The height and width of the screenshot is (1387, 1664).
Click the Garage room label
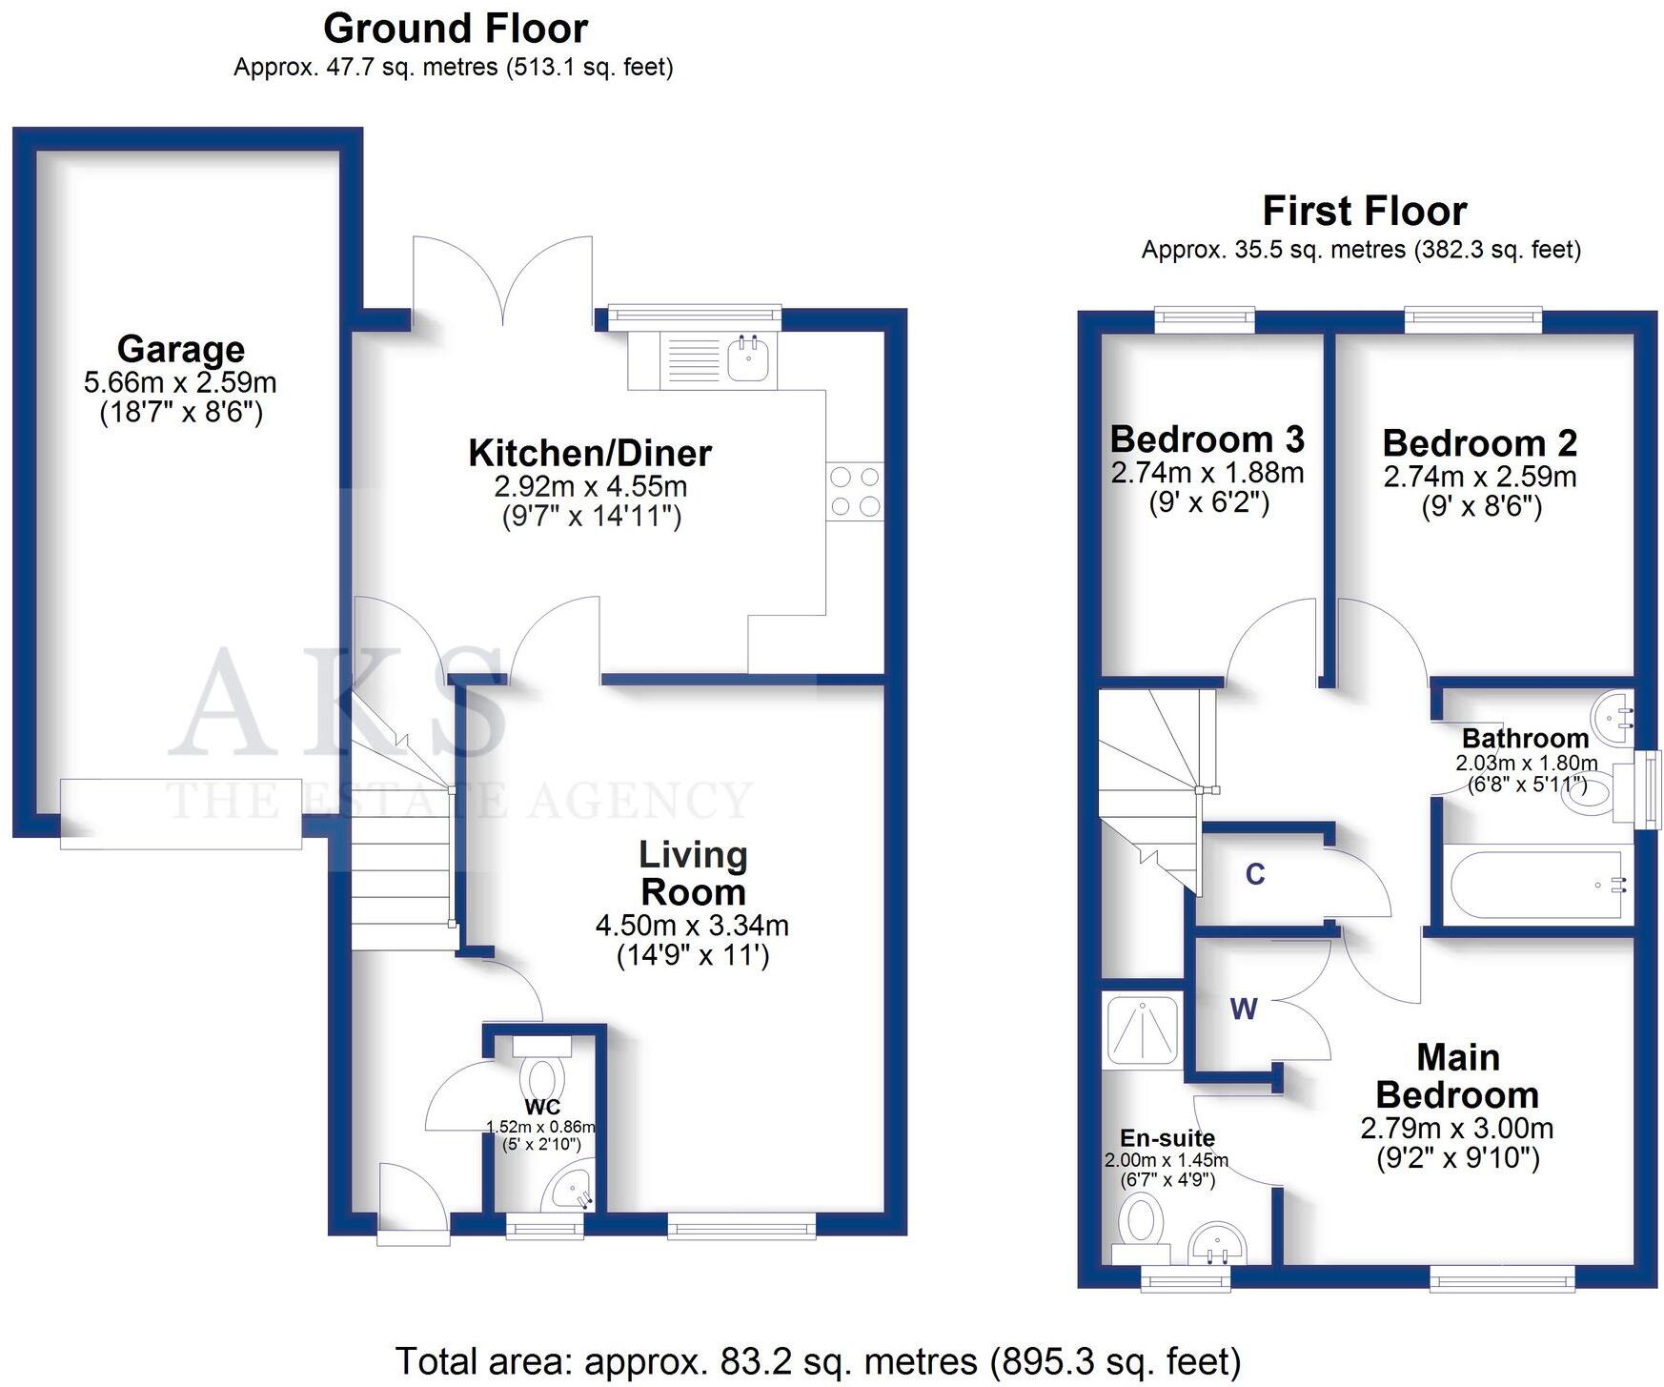pos(180,349)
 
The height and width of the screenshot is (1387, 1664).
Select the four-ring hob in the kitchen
pos(855,492)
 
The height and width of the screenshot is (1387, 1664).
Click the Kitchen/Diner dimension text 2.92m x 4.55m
pos(590,486)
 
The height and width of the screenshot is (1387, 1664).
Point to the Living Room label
pos(693,873)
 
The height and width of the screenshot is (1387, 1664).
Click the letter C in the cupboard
pos(1255,874)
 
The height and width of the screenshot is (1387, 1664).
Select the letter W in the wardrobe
pos(1244,1009)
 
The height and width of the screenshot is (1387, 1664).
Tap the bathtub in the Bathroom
pos(1534,886)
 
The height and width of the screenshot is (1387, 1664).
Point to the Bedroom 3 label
pos(1207,439)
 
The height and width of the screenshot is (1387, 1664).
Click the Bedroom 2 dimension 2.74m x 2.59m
pos(1480,477)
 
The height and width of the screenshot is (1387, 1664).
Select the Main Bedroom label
pos(1457,1076)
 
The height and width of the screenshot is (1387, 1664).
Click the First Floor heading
pos(1364,211)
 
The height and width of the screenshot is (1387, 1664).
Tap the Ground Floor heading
pos(456,29)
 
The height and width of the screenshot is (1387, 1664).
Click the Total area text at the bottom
pos(818,1361)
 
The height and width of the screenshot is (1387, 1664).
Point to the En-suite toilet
pos(1142,1227)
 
